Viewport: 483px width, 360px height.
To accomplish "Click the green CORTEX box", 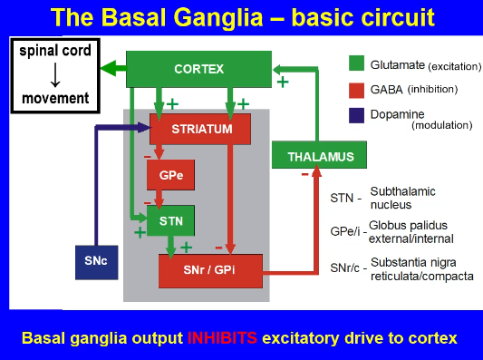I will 198,69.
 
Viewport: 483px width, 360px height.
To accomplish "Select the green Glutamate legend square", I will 357,63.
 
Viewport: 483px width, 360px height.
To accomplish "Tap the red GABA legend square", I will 357,89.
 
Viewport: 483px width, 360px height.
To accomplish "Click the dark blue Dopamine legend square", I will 357,114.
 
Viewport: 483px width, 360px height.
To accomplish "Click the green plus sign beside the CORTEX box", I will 283,83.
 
